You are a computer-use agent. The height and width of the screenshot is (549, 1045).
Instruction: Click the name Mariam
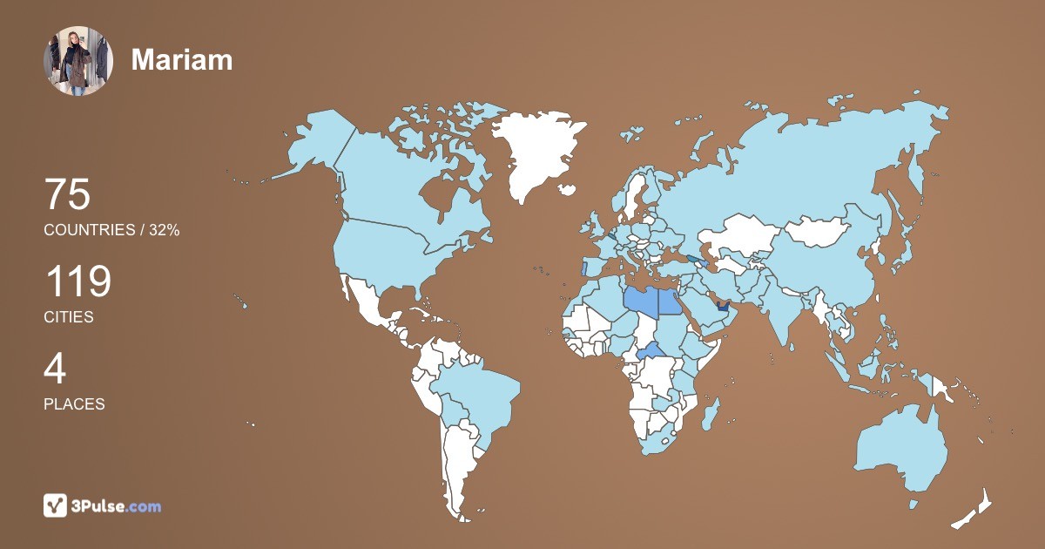coord(182,59)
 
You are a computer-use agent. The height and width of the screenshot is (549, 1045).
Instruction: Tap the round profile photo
coord(78,60)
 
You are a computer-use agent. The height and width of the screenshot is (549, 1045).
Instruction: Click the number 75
coord(67,195)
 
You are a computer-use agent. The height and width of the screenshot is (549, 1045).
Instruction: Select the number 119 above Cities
coord(78,282)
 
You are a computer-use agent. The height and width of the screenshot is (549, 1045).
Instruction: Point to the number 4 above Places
coord(55,369)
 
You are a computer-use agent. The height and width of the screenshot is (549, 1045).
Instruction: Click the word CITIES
coord(69,317)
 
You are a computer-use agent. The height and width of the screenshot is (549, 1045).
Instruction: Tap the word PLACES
coord(74,404)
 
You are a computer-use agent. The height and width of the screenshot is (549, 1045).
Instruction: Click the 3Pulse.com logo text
coord(117,505)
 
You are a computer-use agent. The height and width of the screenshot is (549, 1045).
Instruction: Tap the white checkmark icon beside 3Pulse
coord(56,505)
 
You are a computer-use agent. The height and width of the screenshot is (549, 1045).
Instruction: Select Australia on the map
coord(901,449)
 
